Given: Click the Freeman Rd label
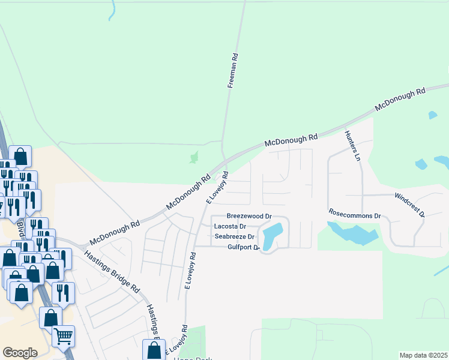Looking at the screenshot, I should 233,71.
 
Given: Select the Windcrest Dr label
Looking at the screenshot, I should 409,205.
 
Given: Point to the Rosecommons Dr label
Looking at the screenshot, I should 355,214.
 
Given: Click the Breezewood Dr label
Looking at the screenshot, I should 249,215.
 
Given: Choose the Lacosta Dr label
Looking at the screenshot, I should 231,226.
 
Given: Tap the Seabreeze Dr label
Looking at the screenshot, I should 235,236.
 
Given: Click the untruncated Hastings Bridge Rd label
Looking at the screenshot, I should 112,271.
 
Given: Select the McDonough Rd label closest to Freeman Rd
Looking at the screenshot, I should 291,140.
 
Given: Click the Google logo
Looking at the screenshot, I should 20,352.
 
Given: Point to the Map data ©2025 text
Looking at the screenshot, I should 423,355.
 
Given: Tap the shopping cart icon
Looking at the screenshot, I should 63,336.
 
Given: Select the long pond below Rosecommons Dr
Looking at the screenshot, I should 354,233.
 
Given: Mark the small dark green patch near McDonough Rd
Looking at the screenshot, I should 193,157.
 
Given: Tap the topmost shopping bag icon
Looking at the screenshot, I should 20,157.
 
